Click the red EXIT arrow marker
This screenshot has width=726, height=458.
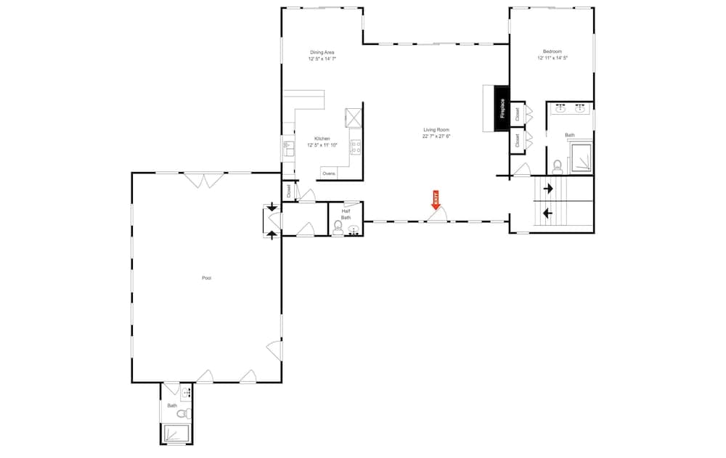click(436, 200)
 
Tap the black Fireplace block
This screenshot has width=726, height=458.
click(500, 108)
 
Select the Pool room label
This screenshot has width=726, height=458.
click(206, 278)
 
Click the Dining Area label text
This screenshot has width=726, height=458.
click(322, 52)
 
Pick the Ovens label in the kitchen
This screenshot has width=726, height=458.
click(329, 173)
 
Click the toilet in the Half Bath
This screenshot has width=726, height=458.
click(338, 228)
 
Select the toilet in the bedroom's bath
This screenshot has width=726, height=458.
click(558, 165)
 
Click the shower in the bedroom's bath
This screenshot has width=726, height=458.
click(582, 158)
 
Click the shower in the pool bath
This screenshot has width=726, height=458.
click(176, 434)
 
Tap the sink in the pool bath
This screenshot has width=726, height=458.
click(186, 393)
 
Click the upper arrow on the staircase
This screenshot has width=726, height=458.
click(547, 189)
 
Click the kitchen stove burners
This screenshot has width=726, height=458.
click(356, 147)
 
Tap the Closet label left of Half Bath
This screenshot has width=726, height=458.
click(288, 192)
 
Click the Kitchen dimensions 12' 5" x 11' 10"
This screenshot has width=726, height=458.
click(322, 145)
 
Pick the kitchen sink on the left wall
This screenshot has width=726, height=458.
click(287, 149)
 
